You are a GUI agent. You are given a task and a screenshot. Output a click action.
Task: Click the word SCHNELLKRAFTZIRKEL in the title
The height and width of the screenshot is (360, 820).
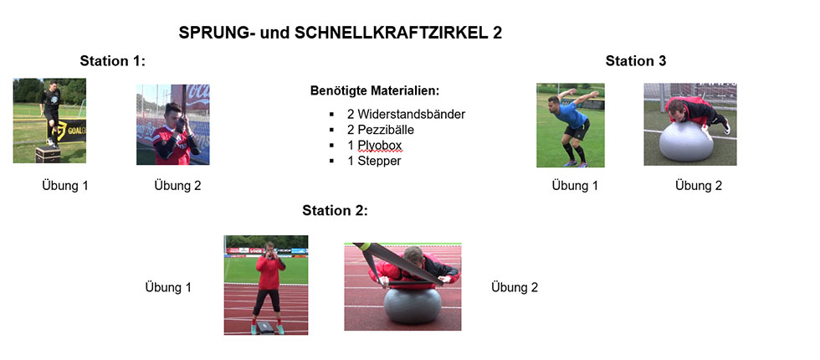(x=392, y=33)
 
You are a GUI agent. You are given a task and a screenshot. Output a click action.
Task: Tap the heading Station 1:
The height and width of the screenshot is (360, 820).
(x=112, y=61)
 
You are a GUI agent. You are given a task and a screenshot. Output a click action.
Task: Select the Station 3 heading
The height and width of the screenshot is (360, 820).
(x=636, y=61)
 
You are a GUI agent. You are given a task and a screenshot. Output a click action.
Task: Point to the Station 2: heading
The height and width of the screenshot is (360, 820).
(x=336, y=211)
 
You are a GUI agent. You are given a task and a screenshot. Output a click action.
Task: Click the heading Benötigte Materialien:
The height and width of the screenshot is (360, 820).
(x=375, y=90)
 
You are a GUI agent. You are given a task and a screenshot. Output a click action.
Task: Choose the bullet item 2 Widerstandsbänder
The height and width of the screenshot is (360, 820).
(x=406, y=114)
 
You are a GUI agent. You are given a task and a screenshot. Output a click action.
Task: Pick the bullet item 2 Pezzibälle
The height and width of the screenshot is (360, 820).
(x=380, y=129)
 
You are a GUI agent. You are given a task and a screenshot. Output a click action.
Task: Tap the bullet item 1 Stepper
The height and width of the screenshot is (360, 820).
(x=374, y=161)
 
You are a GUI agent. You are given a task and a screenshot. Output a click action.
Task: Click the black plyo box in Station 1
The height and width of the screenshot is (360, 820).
(x=48, y=155)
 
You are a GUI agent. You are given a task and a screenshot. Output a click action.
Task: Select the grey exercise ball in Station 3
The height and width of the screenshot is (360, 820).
(x=685, y=141)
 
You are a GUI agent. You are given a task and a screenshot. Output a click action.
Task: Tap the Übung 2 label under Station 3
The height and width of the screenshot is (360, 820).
(x=698, y=186)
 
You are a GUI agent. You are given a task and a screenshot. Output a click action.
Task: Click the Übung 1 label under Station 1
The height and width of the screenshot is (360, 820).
(x=65, y=186)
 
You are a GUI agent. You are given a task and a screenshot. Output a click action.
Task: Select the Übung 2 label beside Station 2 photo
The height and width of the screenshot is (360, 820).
(x=514, y=287)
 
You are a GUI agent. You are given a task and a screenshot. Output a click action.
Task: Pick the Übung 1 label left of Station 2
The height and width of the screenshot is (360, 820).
(x=168, y=287)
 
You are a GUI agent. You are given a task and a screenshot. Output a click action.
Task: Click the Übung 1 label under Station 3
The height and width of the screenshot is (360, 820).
(x=575, y=186)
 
